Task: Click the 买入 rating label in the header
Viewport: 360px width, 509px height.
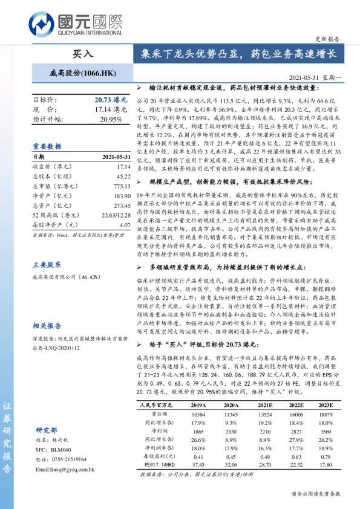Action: click(83, 53)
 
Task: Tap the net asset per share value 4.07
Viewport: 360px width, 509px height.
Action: click(125, 225)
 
